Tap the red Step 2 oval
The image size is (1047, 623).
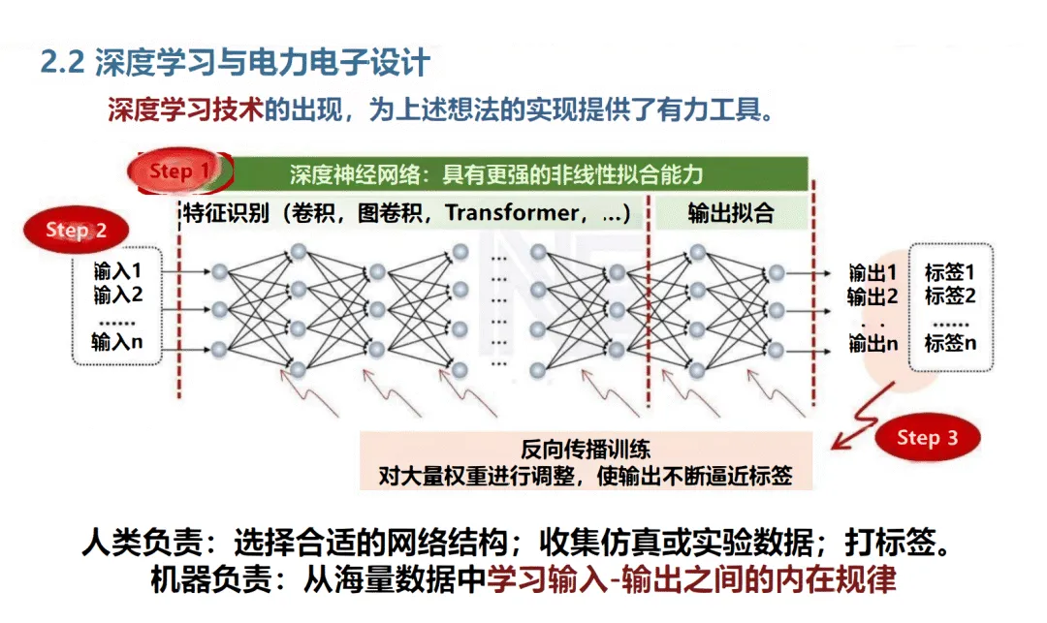point(76,231)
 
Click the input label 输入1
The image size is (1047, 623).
point(118,270)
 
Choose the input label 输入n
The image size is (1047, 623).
point(117,341)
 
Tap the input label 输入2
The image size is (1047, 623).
point(118,294)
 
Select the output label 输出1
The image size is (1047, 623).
point(872,272)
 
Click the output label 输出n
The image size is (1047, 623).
point(872,343)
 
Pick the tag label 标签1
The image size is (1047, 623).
point(950,272)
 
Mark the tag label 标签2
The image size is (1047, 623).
point(950,296)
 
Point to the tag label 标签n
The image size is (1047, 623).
point(950,343)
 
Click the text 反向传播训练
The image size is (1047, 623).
point(586,450)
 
